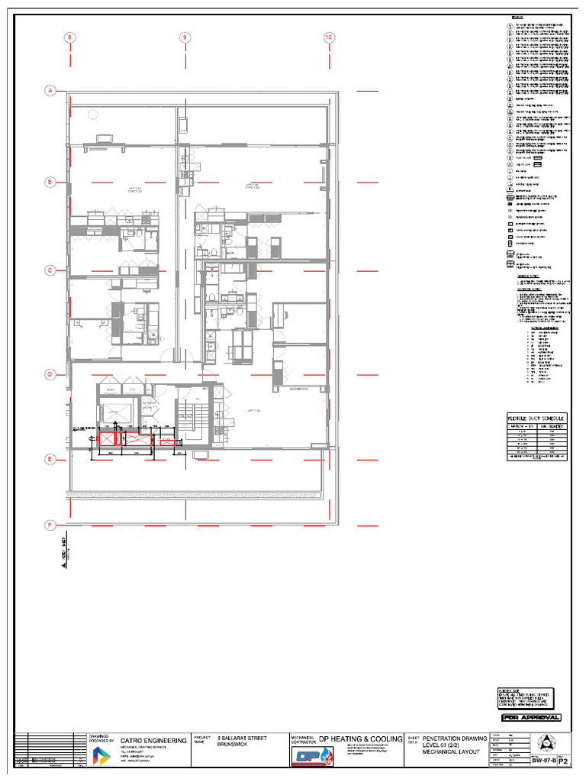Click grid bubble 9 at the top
click(x=184, y=37)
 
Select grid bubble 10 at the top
click(x=329, y=37)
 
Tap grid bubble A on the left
click(x=50, y=91)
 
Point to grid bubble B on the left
click(x=50, y=183)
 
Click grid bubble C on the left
click(x=50, y=270)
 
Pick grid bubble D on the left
click(x=50, y=374)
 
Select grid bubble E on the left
click(x=50, y=459)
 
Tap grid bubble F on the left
click(x=50, y=525)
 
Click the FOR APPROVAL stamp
click(x=532, y=717)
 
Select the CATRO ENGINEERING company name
click(x=153, y=741)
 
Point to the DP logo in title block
click(x=310, y=755)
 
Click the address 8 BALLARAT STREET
click(x=243, y=738)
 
